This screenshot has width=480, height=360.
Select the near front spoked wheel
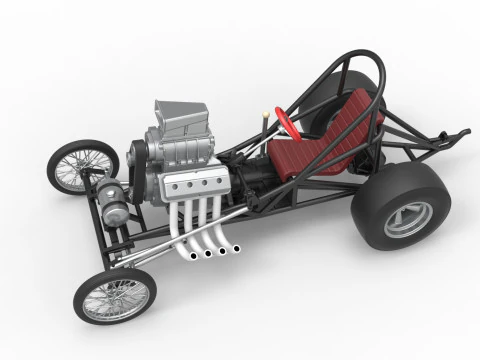click(116, 296)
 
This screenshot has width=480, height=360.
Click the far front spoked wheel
click(81, 165)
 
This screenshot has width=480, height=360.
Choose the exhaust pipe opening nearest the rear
click(237, 247)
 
